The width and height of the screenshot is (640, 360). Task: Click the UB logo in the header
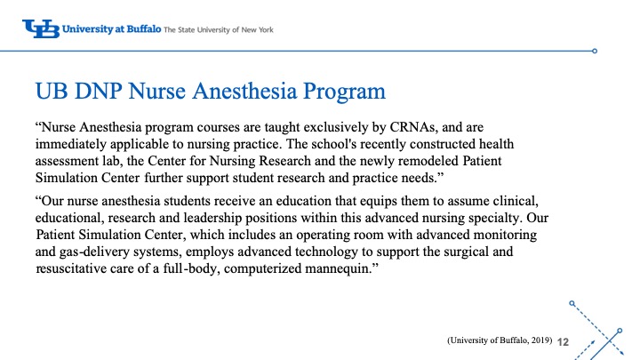[x=41, y=29]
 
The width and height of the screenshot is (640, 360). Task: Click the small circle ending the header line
[x=595, y=50]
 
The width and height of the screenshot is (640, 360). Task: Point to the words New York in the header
[x=256, y=30]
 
